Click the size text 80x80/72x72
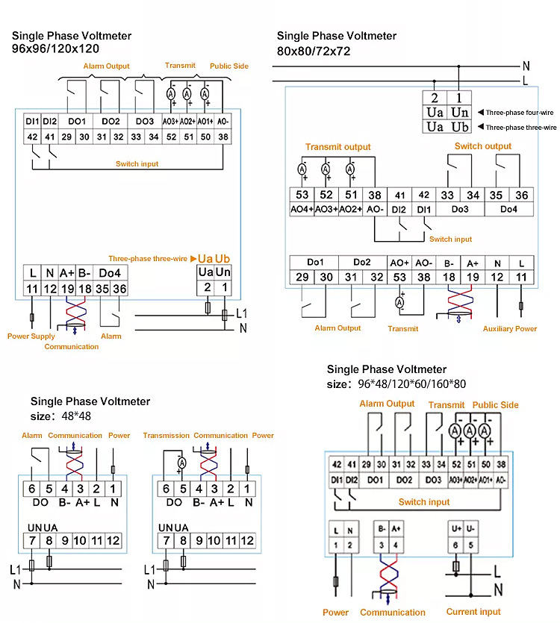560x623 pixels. click(314, 51)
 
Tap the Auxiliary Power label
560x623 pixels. click(510, 328)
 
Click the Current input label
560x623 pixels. click(474, 612)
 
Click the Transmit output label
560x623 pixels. click(338, 147)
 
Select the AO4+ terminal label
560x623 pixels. click(302, 210)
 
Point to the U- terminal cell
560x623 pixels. click(470, 529)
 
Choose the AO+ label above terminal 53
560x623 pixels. click(399, 263)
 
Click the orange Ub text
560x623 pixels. click(223, 258)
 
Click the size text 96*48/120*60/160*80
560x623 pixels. click(396, 384)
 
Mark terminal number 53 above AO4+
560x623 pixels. click(302, 195)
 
